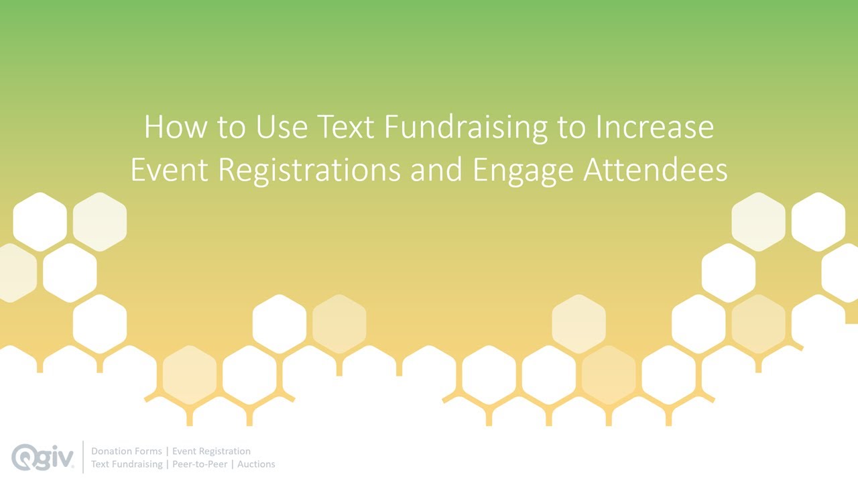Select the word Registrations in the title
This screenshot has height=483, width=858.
pos(310,170)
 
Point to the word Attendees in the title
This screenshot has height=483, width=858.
pos(655,170)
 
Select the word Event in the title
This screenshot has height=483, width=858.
pos(170,170)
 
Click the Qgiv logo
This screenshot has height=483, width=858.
pos(42,457)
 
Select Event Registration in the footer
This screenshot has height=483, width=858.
pos(212,451)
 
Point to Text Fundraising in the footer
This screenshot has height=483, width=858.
pos(127,464)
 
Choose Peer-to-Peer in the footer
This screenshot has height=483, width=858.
pos(200,464)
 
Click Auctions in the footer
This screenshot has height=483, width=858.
pos(257,464)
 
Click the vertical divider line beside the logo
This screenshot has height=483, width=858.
pos(82,457)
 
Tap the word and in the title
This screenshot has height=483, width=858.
pos(436,170)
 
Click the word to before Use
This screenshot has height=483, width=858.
pos(231,127)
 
